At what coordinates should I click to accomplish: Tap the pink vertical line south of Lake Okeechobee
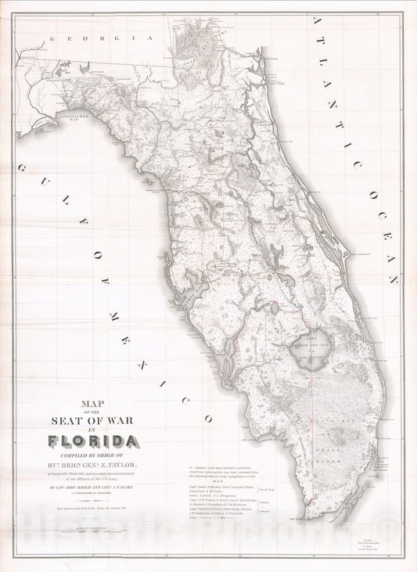tap(315, 423)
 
